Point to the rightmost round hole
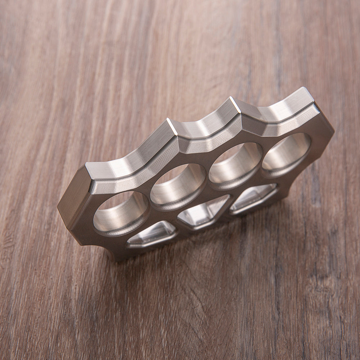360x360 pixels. pyautogui.click(x=287, y=151)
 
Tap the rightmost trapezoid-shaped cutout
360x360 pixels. pyautogui.click(x=254, y=197)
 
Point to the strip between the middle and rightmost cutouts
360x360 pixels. pyautogui.click(x=228, y=209)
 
